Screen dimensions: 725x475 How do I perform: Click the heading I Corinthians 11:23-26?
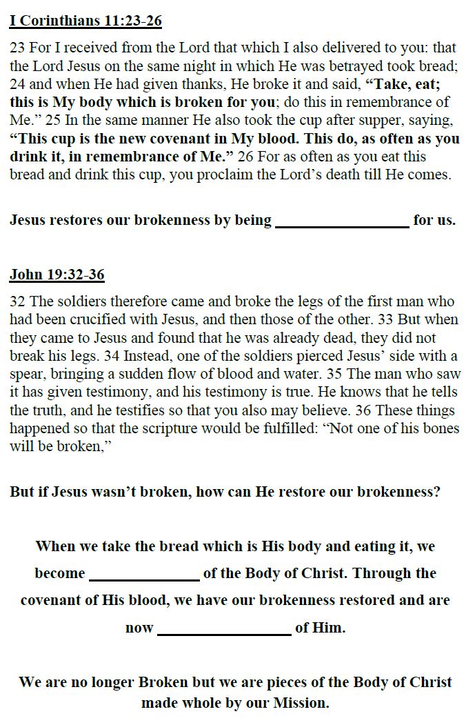85,21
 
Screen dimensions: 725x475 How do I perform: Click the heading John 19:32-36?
57,275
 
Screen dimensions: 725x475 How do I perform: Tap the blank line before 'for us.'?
342,221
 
